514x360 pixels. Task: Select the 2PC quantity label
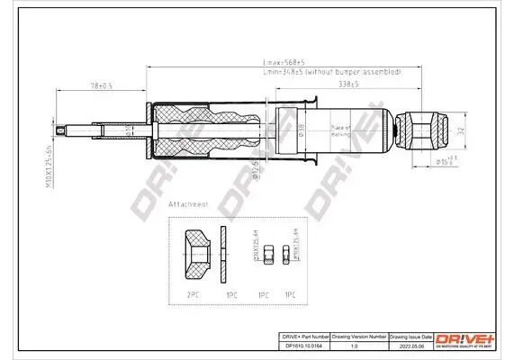click(x=192, y=293)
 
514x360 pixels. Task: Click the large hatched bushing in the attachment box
click(x=194, y=253)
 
